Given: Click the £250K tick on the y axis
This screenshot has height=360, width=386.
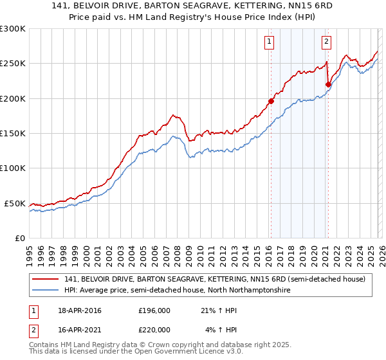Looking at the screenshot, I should pyautogui.click(x=12, y=64).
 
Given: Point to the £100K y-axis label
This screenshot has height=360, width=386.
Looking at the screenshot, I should pyautogui.click(x=12, y=168).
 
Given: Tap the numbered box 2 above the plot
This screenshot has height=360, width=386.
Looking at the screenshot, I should pyautogui.click(x=326, y=42).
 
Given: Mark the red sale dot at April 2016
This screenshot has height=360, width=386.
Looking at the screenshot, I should pyautogui.click(x=271, y=101).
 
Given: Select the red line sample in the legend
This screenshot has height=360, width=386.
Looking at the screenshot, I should pyautogui.click(x=46, y=279).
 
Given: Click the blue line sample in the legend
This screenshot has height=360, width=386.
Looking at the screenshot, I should pyautogui.click(x=46, y=291).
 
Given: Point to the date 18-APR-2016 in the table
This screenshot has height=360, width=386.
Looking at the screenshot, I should pyautogui.click(x=80, y=310).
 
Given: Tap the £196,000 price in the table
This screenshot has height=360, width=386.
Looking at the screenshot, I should pyautogui.click(x=154, y=310).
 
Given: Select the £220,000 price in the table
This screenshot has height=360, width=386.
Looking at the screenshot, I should pyautogui.click(x=154, y=330).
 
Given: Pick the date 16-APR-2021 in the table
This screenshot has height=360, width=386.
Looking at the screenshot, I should pyautogui.click(x=80, y=330).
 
